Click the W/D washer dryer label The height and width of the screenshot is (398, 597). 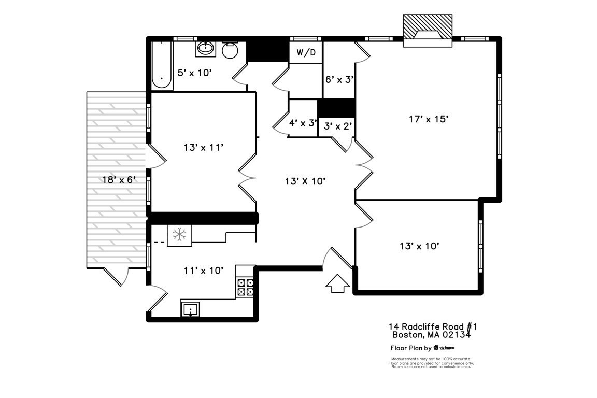[x=306, y=52]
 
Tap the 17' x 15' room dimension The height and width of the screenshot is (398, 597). [x=428, y=119]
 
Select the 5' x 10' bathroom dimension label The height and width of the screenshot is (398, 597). [x=195, y=73]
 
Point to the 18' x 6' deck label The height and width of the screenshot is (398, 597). [x=119, y=179]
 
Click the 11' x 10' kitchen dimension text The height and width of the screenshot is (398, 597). [x=204, y=270]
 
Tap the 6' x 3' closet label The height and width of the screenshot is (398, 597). [x=339, y=79]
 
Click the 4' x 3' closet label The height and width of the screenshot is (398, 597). [x=303, y=123]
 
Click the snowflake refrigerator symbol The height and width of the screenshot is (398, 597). [x=179, y=234]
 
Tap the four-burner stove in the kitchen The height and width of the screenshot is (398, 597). [x=246, y=287]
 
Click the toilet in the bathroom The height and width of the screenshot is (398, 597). [x=230, y=50]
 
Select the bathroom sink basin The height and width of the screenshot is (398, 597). [x=206, y=49]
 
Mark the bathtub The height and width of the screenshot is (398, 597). [x=162, y=66]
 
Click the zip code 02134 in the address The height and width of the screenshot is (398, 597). [x=457, y=335]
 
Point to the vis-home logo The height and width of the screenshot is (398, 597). [x=444, y=348]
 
